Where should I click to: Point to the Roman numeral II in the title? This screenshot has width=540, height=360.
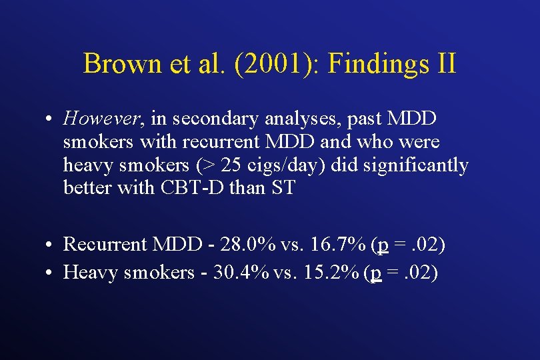tap(444, 64)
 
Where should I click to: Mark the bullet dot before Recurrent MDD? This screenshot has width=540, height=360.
tap(50, 245)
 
